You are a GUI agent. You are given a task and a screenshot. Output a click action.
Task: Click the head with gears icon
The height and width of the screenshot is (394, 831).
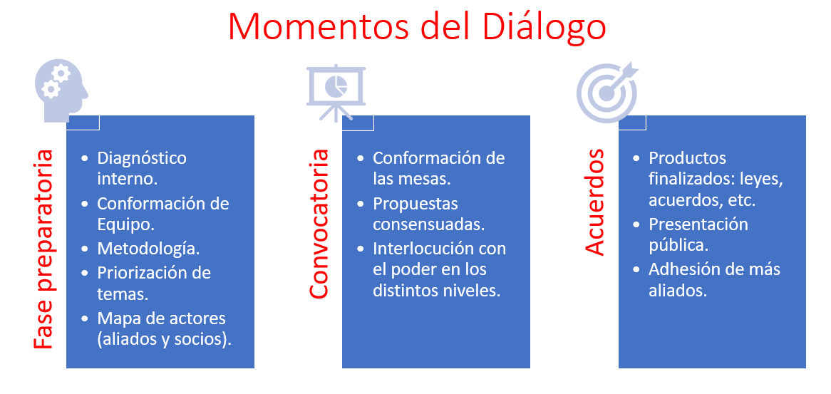61,90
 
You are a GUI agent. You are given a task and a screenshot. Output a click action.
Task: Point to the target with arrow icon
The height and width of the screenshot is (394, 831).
608,92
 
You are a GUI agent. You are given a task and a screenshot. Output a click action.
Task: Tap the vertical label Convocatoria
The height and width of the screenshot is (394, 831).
319,224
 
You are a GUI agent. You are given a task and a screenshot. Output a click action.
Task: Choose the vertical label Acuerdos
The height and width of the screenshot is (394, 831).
594,202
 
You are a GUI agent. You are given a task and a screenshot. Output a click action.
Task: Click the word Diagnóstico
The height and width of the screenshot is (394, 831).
142,158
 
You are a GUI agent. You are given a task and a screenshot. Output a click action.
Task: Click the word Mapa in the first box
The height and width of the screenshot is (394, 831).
117,318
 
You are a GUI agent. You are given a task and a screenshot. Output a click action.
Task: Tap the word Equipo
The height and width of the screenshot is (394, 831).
125,225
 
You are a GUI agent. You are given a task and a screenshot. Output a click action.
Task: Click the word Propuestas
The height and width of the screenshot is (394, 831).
415,204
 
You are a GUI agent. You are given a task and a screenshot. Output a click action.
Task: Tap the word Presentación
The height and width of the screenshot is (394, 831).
698,224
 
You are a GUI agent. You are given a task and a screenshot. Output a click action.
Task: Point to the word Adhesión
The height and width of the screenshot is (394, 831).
687,269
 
